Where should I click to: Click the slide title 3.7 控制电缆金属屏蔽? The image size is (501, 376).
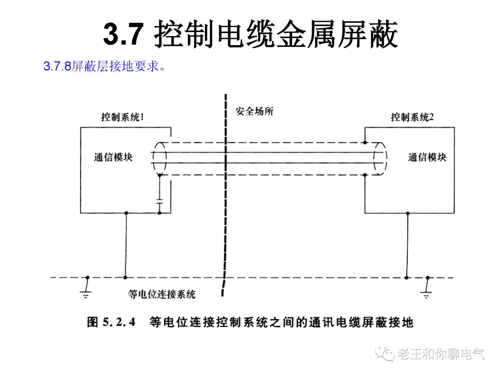point(250,35)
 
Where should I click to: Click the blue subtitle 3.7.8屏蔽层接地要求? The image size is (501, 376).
point(104,66)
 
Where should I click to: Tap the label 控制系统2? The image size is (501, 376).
point(412,117)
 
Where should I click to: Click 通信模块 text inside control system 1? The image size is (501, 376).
point(113,157)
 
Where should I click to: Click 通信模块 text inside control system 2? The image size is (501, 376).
point(427,157)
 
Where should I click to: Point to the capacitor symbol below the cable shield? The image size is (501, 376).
point(160,202)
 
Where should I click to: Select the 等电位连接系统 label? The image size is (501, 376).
point(161,294)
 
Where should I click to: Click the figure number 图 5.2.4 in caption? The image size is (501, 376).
point(111,322)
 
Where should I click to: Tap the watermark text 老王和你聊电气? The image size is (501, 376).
point(441,354)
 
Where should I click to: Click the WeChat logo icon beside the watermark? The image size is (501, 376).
point(385,354)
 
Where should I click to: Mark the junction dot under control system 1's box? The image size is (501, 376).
point(125,213)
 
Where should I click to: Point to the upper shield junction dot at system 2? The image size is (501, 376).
point(366,142)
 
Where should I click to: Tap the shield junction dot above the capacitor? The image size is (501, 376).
point(160,175)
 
